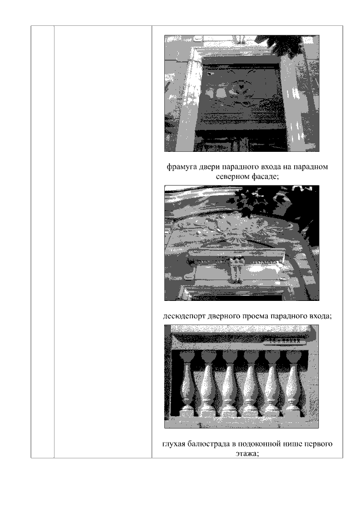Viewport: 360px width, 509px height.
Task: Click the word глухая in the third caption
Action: [173, 444]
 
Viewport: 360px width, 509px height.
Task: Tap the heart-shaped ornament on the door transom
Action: [241, 87]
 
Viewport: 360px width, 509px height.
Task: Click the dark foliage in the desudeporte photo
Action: [253, 200]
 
